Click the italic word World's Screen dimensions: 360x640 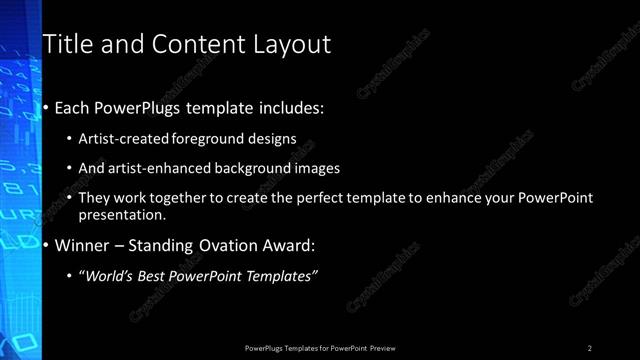109,275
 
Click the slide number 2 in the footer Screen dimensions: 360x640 590,348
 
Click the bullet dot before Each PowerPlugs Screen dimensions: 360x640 46,107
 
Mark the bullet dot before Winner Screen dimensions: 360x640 46,244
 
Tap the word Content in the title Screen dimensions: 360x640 188,44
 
